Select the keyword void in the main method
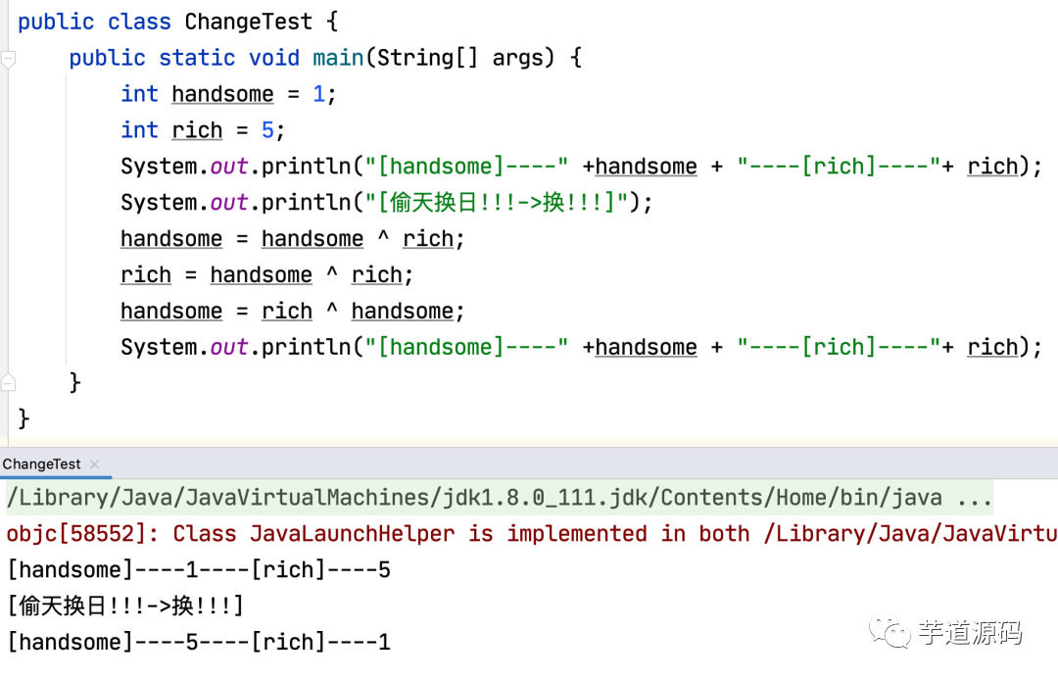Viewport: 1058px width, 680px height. point(274,57)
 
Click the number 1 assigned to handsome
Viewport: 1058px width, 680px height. point(318,94)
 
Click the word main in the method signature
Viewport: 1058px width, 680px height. point(338,57)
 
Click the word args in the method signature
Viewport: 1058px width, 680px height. point(518,57)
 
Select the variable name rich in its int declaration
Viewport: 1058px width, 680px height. point(197,130)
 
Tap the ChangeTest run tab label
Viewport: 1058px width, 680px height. point(41,463)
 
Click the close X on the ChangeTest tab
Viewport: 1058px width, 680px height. point(94,464)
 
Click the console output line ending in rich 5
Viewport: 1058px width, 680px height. point(199,569)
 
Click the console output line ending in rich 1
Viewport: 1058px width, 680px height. point(199,642)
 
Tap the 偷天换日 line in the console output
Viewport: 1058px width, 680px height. point(124,606)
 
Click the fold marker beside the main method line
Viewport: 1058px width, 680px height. point(9,59)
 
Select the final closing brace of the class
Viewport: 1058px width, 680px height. point(24,419)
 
